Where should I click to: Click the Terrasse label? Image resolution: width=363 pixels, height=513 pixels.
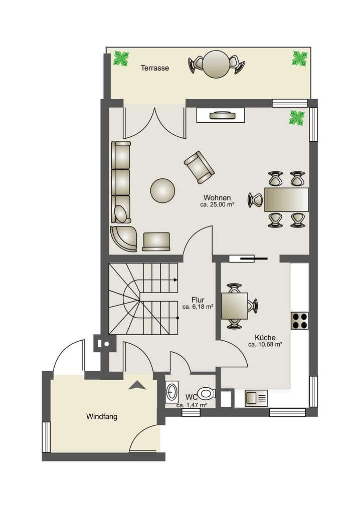[155, 68]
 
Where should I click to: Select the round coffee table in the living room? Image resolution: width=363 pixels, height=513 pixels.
[162, 190]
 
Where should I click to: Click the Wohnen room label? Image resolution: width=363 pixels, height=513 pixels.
[217, 197]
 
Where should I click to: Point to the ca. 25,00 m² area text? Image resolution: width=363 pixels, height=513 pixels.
[217, 205]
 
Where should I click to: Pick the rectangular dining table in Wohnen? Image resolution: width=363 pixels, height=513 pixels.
[286, 199]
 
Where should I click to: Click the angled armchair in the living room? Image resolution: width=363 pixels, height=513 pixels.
[199, 167]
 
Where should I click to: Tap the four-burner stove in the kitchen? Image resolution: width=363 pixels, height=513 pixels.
[299, 321]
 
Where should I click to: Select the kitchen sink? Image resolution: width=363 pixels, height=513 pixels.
[256, 398]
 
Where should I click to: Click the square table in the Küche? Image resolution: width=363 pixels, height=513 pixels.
[234, 306]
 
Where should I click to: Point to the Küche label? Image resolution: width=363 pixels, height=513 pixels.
[265, 337]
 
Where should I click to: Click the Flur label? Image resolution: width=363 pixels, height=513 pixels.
[198, 300]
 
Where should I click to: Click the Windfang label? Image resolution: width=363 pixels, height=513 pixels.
[102, 417]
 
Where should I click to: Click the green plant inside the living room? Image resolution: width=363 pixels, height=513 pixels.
[297, 118]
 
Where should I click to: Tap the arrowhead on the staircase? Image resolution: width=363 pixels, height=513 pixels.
[176, 280]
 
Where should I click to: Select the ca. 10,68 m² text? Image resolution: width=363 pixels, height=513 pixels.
[265, 345]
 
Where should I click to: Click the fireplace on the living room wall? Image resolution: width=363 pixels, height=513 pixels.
[221, 115]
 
